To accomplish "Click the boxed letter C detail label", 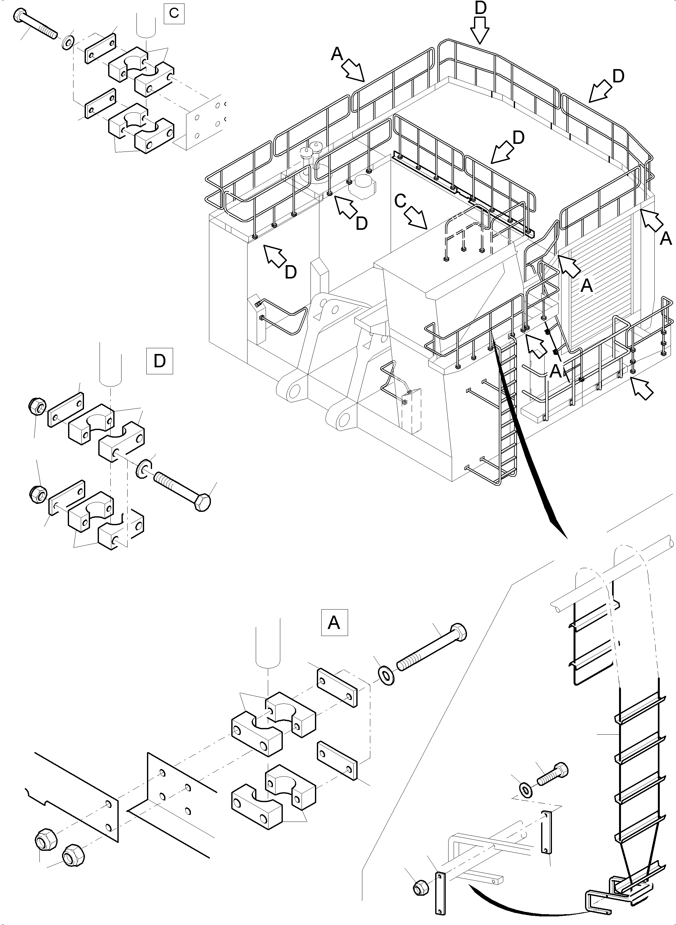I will pyautogui.click(x=173, y=13).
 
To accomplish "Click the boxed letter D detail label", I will pyautogui.click(x=160, y=361).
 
